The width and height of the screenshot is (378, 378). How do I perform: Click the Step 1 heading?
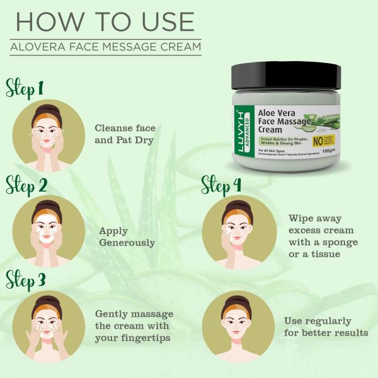pos(25,88)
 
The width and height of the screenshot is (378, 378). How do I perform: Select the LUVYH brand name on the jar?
pos(243,132)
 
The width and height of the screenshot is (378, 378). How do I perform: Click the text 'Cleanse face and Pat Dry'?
pos(125,134)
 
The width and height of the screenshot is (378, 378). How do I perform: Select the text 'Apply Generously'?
pos(127,236)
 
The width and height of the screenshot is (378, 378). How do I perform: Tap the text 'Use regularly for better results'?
pos(326,326)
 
